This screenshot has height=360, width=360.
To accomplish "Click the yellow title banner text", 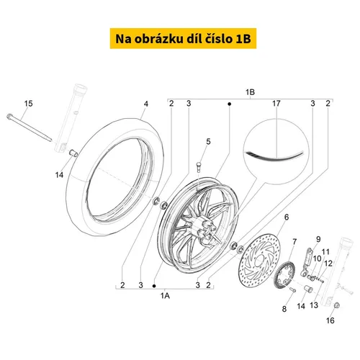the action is (x=183, y=39).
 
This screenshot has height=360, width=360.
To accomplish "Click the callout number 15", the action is (x=28, y=104).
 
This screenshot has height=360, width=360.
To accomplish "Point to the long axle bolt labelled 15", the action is (x=29, y=128).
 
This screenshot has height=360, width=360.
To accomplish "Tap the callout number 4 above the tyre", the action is (x=146, y=104).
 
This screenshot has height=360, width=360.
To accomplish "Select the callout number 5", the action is (x=208, y=142).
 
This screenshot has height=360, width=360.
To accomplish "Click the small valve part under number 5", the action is (x=199, y=167).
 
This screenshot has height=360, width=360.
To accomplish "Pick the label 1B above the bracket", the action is (x=250, y=92).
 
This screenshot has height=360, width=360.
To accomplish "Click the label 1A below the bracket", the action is (x=165, y=296).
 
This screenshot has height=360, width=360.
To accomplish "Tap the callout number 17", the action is (x=276, y=104).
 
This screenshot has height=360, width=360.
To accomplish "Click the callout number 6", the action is (x=287, y=217).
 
